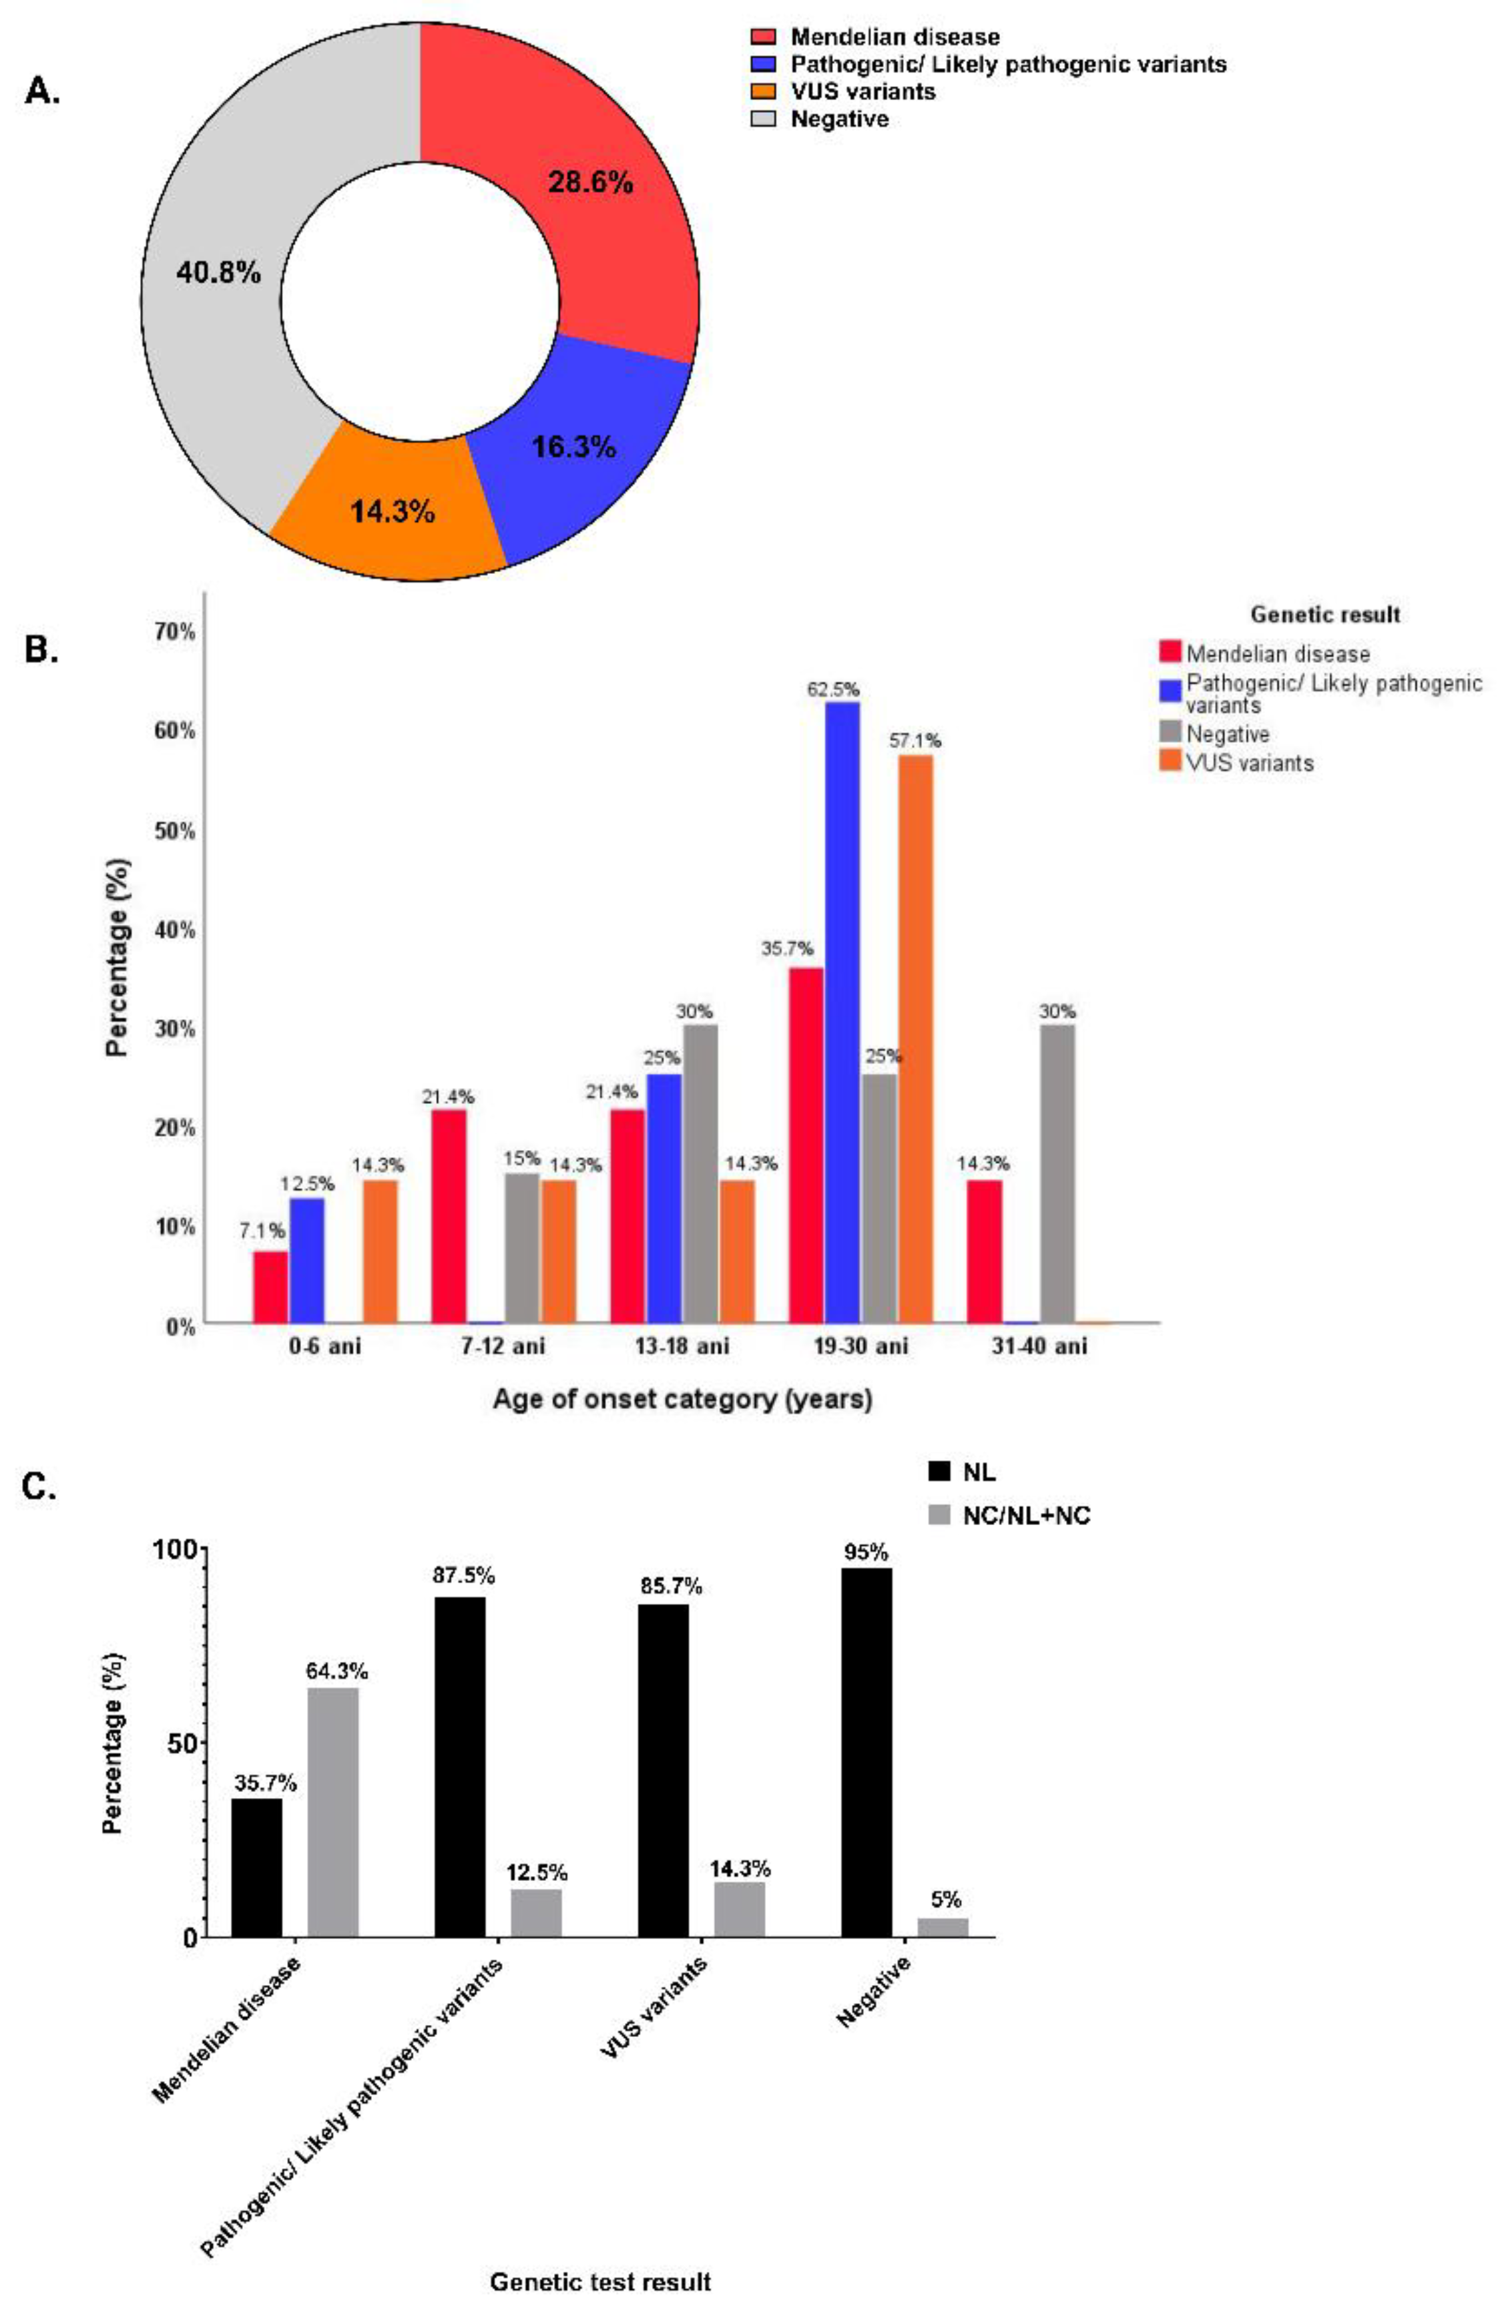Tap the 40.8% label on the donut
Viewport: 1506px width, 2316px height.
click(x=218, y=274)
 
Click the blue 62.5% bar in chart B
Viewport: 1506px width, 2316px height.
click(x=842, y=1012)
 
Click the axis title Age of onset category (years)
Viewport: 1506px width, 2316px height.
click(x=682, y=1400)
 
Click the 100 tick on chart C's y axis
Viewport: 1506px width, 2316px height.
click(x=175, y=1548)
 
